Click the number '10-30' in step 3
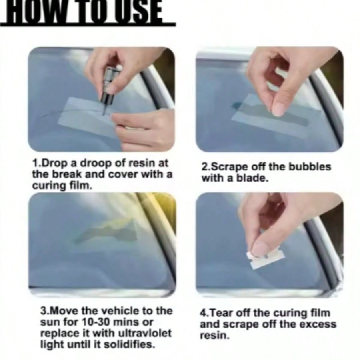point(96,322)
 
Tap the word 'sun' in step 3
point(49,322)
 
